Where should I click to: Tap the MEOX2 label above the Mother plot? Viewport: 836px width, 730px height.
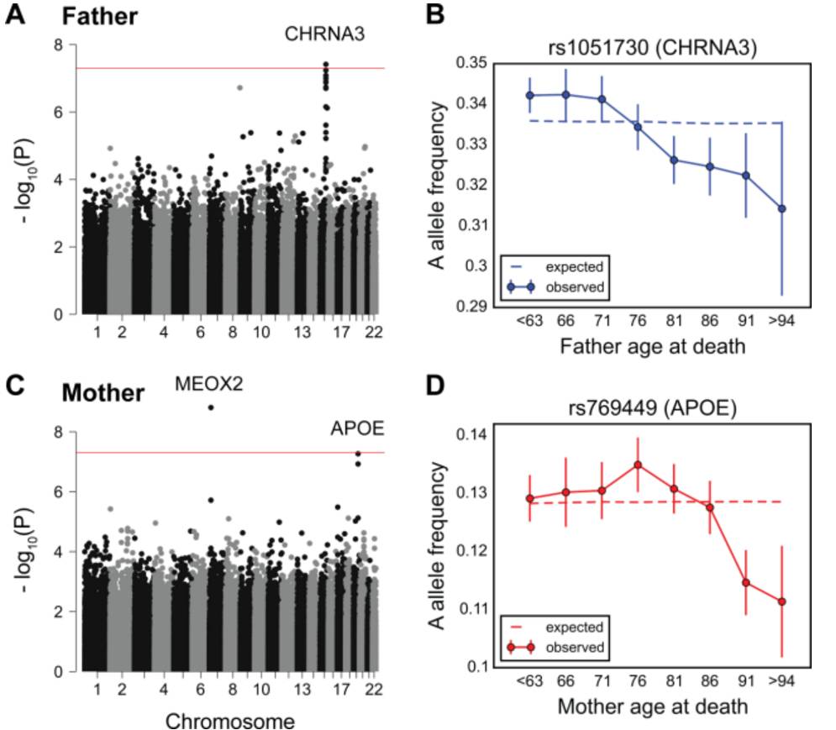pyautogui.click(x=210, y=385)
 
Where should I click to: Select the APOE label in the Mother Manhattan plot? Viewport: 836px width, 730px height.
pyautogui.click(x=356, y=429)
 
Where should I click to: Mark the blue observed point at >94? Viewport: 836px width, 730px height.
pyautogui.click(x=782, y=208)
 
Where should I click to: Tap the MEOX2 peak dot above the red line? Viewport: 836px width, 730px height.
pyautogui.click(x=211, y=407)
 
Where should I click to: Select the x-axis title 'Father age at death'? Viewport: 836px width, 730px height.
pyautogui.click(x=652, y=344)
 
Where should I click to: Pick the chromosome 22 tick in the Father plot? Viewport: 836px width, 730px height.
pyautogui.click(x=373, y=333)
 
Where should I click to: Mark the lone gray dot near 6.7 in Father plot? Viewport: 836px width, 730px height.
pyautogui.click(x=240, y=87)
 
